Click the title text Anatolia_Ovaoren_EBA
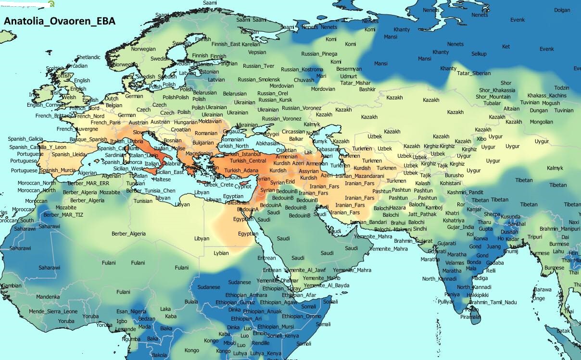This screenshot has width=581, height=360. coord(60,22)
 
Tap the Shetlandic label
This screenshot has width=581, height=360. coord(88,57)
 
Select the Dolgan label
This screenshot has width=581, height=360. coord(562,10)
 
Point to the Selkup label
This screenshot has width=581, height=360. coord(479,54)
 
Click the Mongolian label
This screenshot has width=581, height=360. coord(541,122)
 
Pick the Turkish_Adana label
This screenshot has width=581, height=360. coord(241,171)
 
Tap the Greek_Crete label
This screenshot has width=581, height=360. coord(218,185)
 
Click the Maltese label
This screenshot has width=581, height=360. coord(162,179)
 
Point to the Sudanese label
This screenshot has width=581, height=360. coord(239,282)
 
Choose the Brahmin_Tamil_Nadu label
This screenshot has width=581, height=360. coord(493,302)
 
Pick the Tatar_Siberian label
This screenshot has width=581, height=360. coord(474,73)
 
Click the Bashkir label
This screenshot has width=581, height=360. coord(367,89)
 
